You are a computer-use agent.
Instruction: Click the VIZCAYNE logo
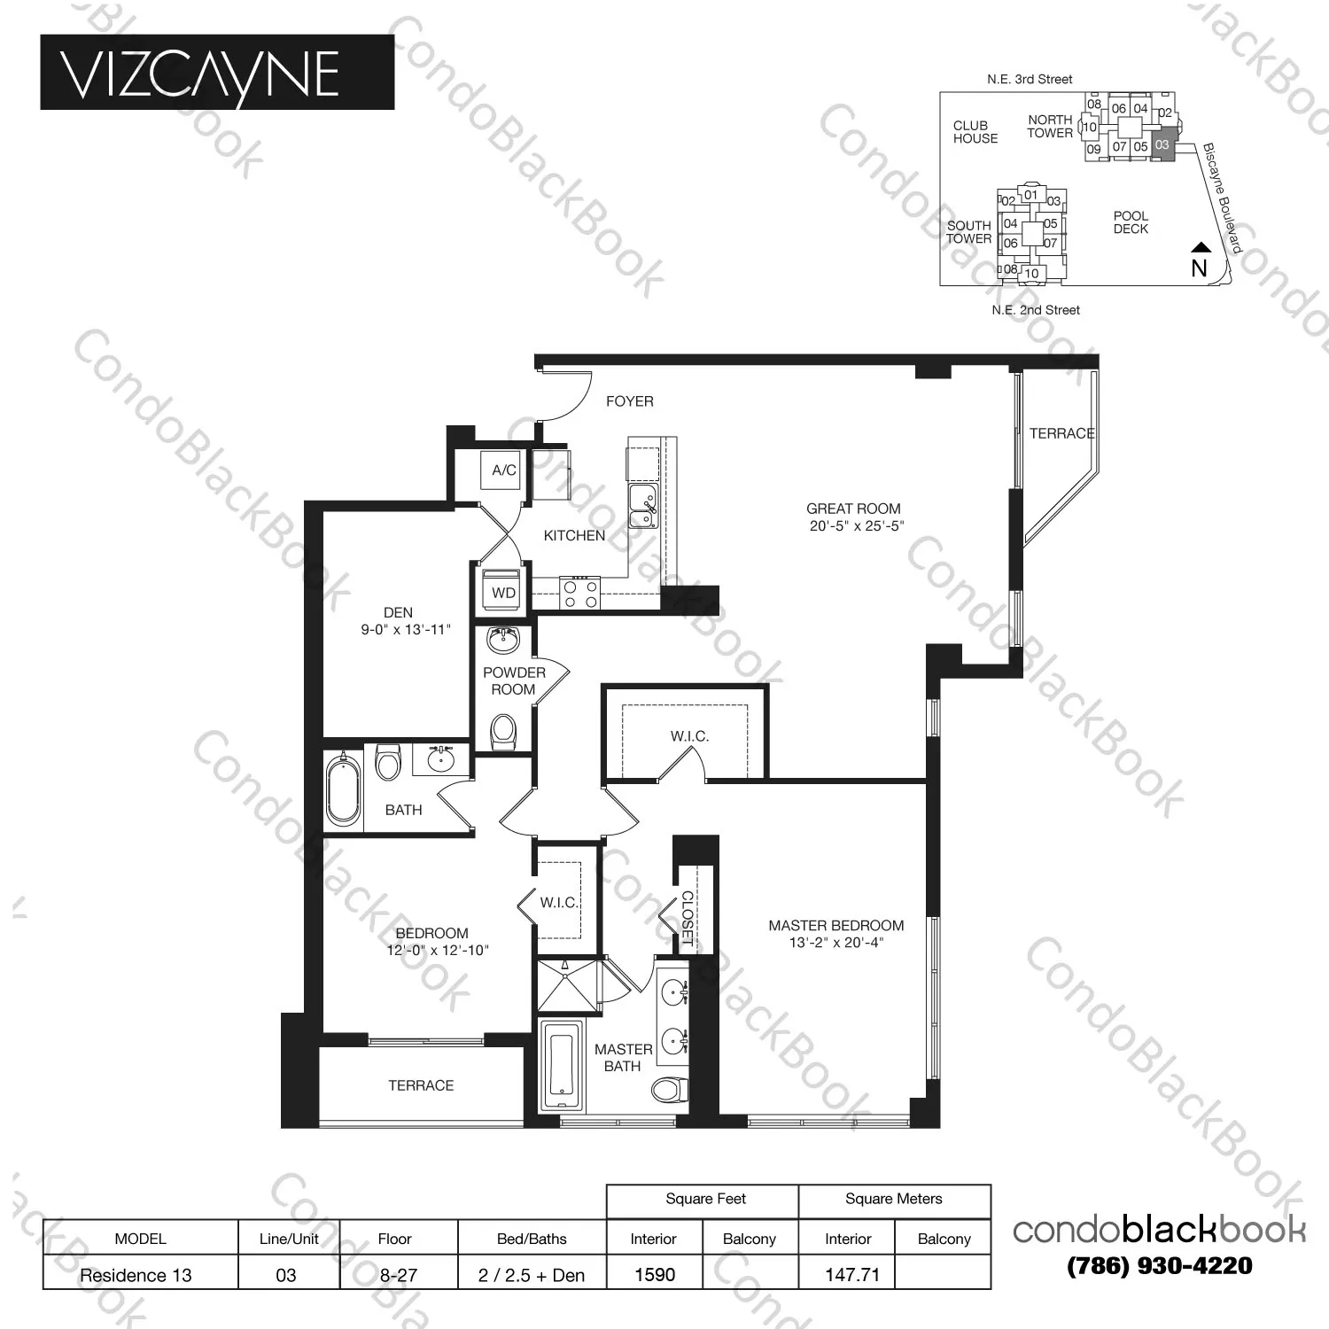216,73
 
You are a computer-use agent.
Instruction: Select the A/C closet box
503,470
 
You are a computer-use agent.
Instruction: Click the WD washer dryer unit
502,593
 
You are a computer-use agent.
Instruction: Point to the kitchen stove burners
580,594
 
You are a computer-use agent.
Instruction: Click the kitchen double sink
642,507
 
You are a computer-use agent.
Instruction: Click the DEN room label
398,612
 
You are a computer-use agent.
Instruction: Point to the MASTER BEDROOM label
835,926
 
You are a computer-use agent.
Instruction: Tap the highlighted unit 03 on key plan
1162,145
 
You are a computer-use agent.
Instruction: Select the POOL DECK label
1131,222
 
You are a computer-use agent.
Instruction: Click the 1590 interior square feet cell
655,1274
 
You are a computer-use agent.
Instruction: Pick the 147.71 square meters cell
851,1274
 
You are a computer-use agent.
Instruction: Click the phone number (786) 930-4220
1160,1265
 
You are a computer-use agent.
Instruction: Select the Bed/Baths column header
532,1239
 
